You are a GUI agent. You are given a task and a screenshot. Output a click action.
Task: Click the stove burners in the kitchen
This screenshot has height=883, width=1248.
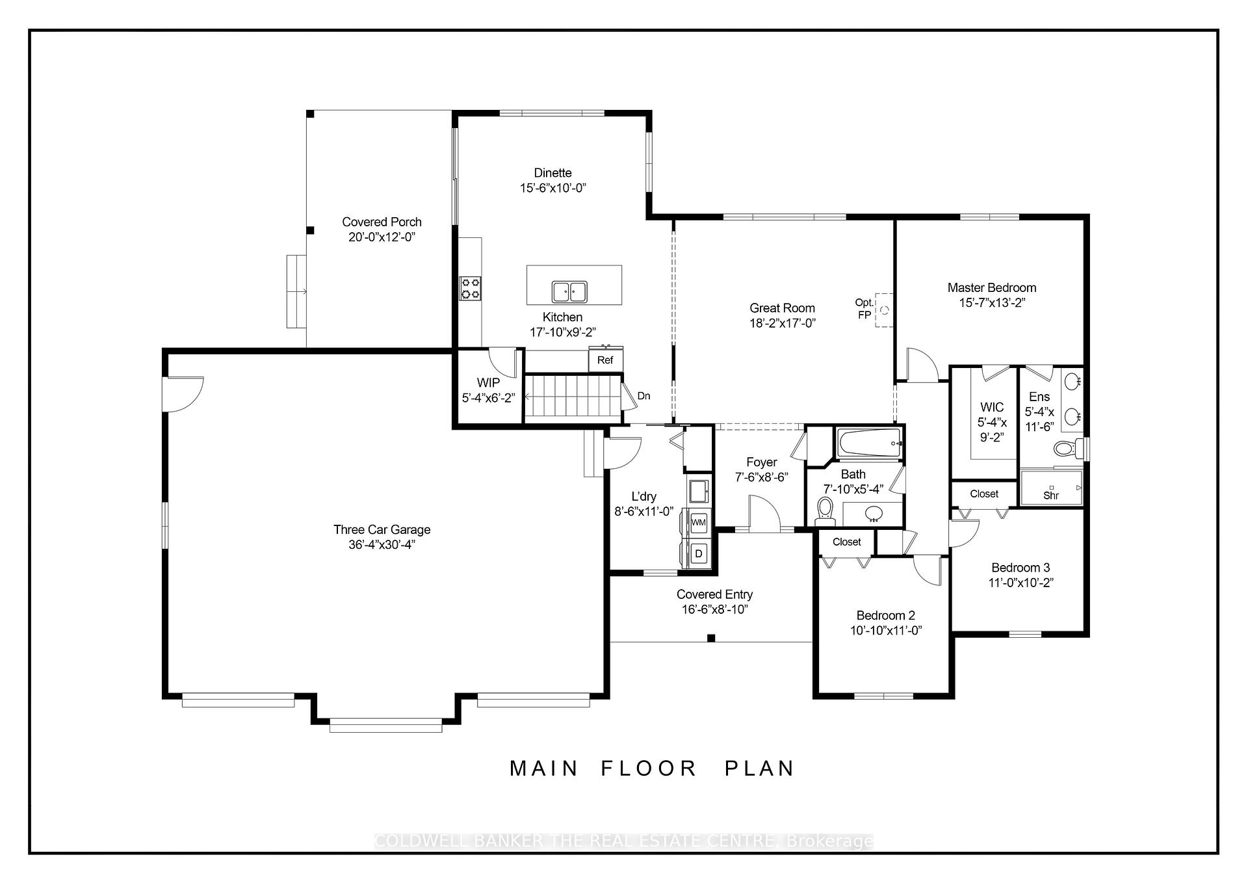tap(470, 288)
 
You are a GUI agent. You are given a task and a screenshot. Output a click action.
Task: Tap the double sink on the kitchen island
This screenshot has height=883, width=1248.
tap(569, 292)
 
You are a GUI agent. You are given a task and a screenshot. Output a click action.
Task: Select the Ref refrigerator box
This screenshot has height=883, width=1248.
tap(605, 360)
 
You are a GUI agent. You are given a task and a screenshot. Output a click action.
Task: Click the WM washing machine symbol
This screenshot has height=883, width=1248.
tap(699, 521)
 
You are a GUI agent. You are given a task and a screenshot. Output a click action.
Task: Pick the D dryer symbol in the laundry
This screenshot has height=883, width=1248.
tap(699, 553)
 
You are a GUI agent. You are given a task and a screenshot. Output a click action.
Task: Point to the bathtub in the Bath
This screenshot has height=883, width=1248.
tap(869, 443)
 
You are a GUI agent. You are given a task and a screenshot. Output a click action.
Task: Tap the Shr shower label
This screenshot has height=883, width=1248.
tap(1050, 495)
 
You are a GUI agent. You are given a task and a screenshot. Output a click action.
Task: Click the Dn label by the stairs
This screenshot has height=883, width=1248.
tap(643, 395)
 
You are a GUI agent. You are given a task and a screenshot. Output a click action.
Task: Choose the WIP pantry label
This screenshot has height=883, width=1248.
tap(488, 382)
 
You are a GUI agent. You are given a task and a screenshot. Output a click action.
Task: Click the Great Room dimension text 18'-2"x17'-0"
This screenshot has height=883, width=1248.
tap(782, 323)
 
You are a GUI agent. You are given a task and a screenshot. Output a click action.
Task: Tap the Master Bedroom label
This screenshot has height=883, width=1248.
tap(991, 287)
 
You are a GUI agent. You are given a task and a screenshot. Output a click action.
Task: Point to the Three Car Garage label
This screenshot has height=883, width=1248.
tap(382, 529)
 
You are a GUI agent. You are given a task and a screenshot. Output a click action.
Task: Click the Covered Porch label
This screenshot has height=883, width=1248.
tap(382, 222)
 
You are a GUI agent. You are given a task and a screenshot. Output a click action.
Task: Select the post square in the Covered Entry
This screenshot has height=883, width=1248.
tap(711, 638)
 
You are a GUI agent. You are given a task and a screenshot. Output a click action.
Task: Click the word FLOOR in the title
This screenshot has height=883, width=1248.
tap(648, 768)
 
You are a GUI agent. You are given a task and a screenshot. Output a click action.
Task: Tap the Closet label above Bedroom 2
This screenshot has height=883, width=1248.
tap(846, 542)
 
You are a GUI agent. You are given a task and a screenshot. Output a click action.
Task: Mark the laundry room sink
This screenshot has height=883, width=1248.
tap(699, 491)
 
